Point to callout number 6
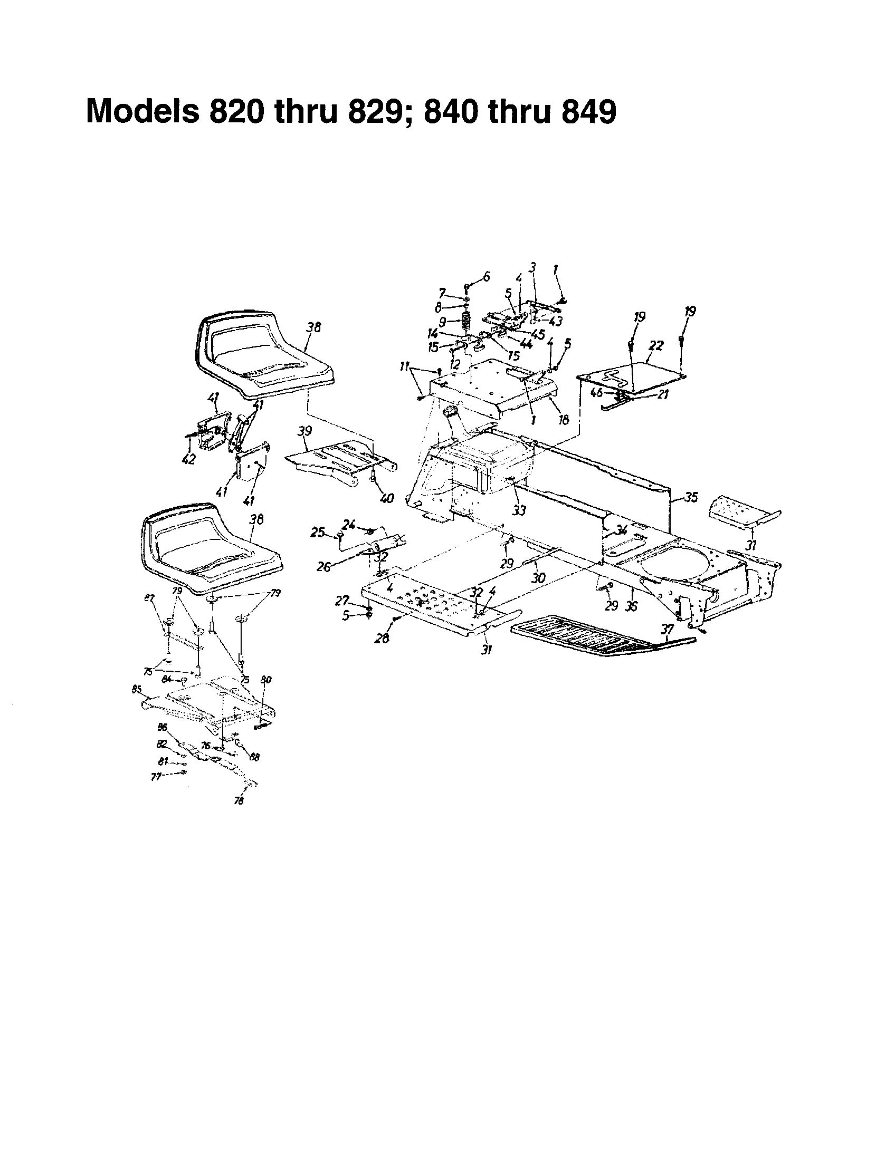pyautogui.click(x=487, y=276)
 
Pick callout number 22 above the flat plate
pyautogui.click(x=656, y=346)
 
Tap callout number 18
pyautogui.click(x=564, y=420)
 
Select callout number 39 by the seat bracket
pyautogui.click(x=304, y=431)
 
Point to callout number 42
pyautogui.click(x=188, y=459)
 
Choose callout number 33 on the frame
pyautogui.click(x=519, y=510)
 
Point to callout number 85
pyautogui.click(x=137, y=690)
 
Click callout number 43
pyautogui.click(x=555, y=321)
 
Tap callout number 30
pyautogui.click(x=538, y=578)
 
